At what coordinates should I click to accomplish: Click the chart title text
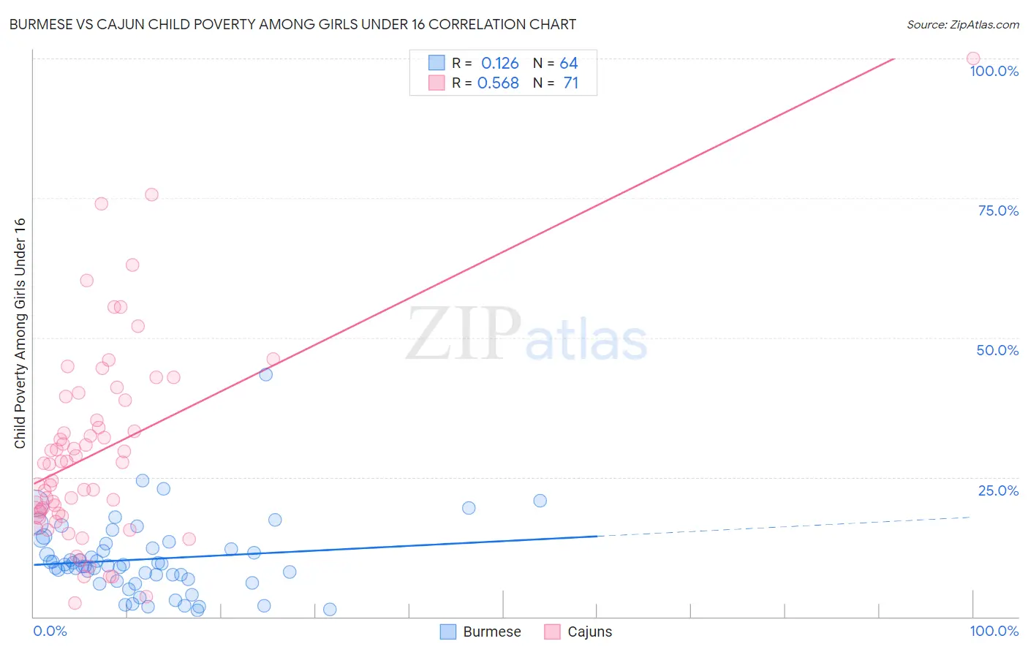292,24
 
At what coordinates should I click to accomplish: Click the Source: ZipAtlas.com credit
962,24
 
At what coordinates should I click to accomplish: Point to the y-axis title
20,333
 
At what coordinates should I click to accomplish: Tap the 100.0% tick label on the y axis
994,71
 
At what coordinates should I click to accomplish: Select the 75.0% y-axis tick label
998,211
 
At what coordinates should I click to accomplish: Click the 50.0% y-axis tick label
997,350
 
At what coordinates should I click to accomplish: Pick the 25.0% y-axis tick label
998,490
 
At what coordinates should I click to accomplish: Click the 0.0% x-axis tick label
50,631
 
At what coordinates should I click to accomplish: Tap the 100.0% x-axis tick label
994,631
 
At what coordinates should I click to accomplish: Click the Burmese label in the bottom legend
491,632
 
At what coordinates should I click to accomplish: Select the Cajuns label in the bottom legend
589,632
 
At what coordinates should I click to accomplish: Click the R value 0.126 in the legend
499,64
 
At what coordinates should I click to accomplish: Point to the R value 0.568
498,83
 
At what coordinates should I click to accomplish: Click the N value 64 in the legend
569,64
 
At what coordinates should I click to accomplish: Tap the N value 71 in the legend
570,83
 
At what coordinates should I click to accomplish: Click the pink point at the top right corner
972,58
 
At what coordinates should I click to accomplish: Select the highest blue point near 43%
266,374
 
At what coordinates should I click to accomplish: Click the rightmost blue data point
540,501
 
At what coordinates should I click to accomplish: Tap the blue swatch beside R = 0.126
436,63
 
